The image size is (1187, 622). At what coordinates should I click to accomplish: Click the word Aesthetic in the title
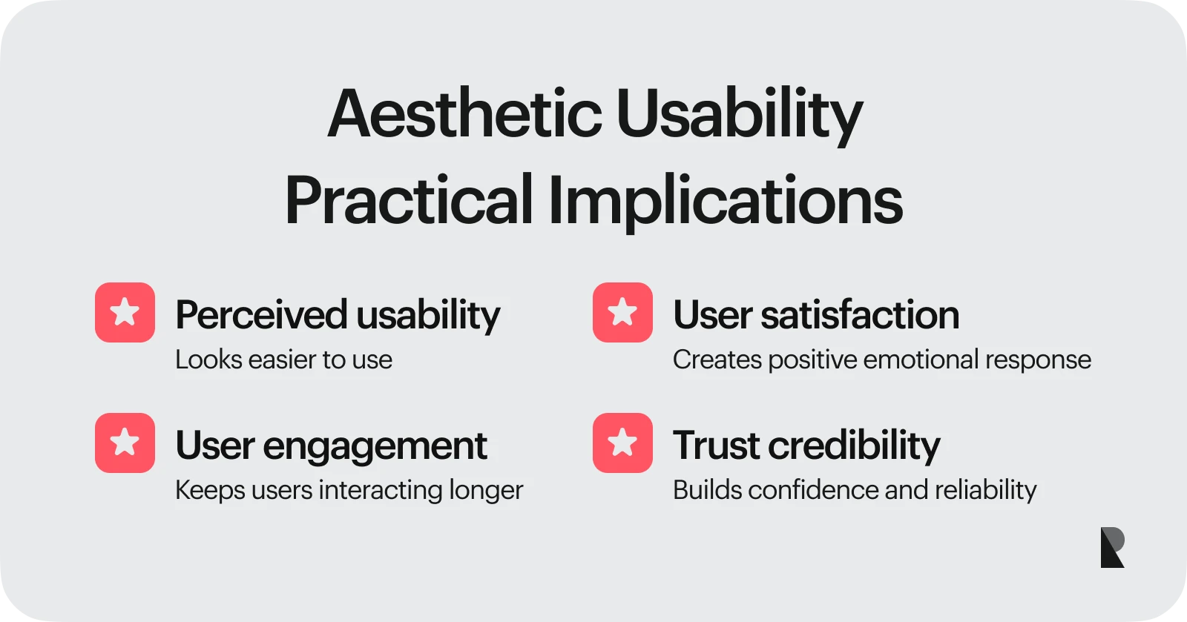[464, 114]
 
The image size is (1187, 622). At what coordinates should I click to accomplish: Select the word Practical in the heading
[409, 200]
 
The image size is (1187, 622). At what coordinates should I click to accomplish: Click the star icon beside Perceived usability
[125, 312]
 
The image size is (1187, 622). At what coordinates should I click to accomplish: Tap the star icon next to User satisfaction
[622, 312]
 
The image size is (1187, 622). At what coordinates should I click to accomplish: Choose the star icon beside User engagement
[125, 443]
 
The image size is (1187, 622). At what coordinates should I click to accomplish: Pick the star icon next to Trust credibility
[622, 443]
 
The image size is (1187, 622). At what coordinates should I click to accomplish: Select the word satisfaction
[860, 314]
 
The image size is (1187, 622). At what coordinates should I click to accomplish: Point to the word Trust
[715, 446]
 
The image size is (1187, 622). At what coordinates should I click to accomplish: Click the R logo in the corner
[1112, 547]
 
